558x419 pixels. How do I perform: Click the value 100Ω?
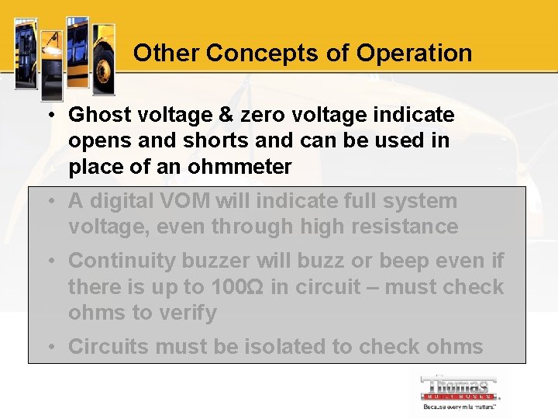coord(239,287)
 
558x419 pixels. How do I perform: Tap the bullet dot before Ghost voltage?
coord(49,116)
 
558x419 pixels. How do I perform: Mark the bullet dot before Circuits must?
coord(49,348)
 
